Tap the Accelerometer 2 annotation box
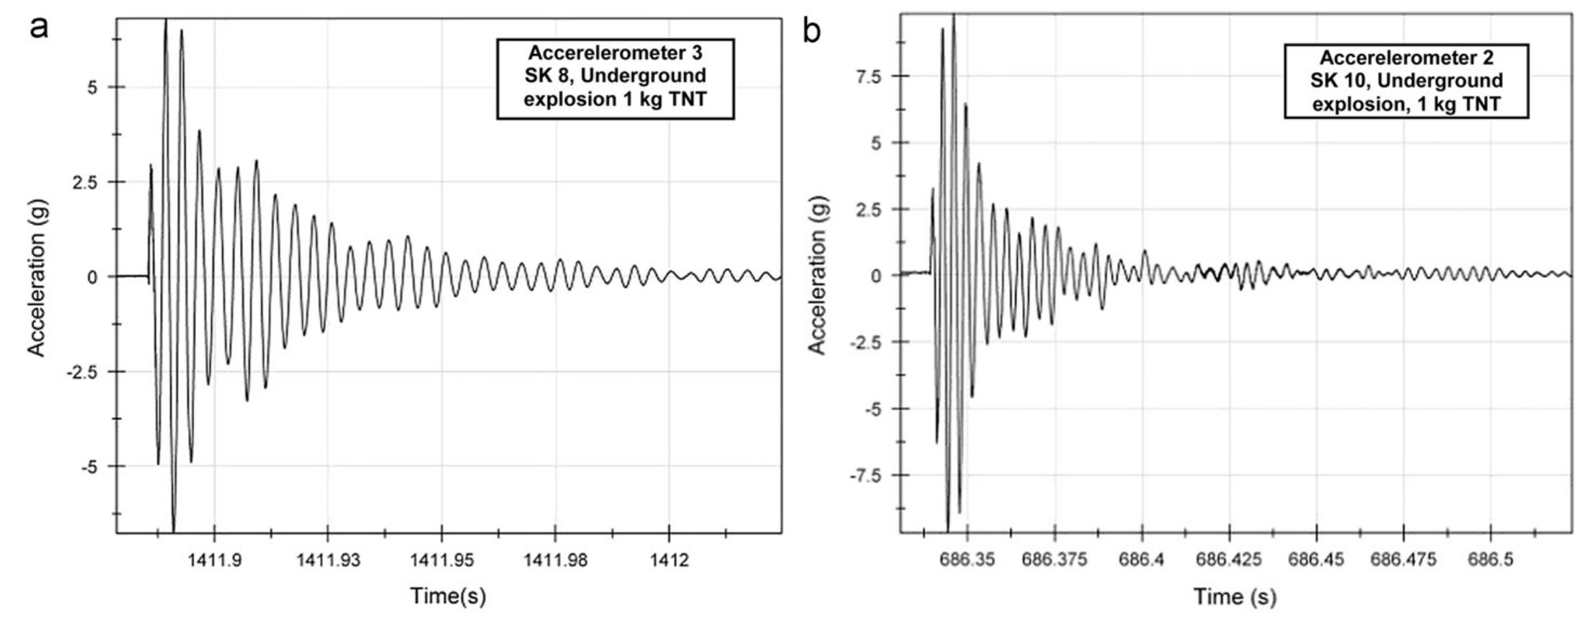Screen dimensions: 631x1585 [1406, 81]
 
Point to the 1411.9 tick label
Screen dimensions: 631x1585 [215, 560]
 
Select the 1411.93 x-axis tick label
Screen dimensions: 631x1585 [328, 560]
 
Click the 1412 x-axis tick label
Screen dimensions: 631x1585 [669, 560]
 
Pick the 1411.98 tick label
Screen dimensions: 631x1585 [555, 560]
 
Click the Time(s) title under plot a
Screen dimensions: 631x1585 [448, 596]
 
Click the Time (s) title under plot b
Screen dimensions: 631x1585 [1235, 596]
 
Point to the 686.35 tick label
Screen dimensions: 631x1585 [967, 560]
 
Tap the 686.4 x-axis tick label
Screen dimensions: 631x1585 [1142, 560]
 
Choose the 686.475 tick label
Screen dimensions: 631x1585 [1403, 560]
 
